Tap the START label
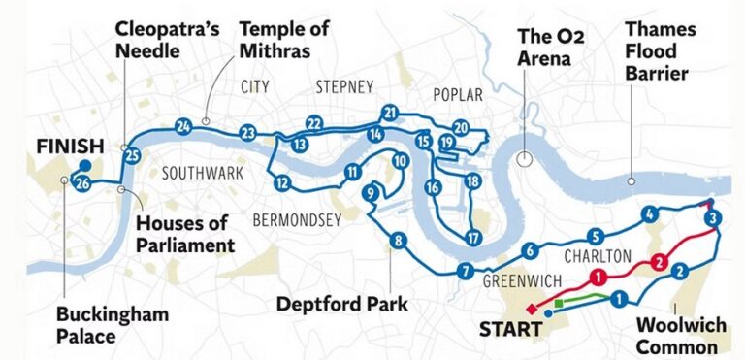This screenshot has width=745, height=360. [x=510, y=330]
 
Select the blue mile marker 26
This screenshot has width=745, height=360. [x=83, y=183]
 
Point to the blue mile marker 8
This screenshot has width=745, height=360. [x=396, y=241]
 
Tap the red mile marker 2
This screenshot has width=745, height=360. [x=659, y=260]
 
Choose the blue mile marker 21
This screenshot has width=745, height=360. [x=390, y=113]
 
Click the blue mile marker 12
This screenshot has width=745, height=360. [x=282, y=181]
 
